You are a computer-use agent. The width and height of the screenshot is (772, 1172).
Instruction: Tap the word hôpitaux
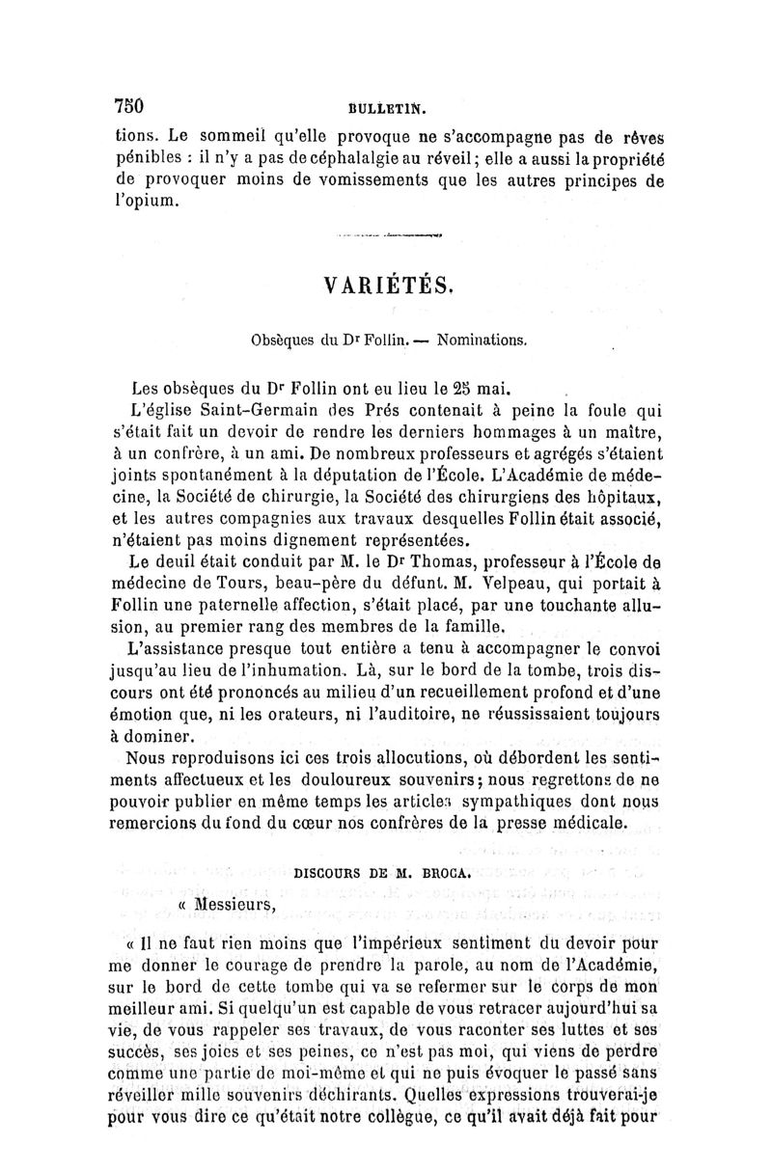(x=620, y=496)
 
